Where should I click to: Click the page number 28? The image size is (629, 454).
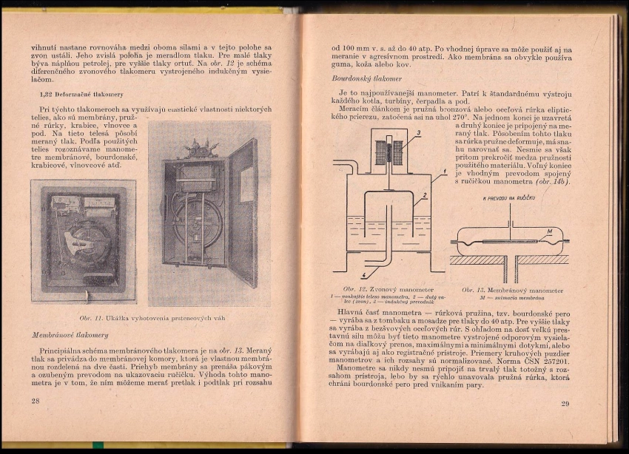tap(35, 400)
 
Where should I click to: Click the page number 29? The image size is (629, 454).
tap(565, 403)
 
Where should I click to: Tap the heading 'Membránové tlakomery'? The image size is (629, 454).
tap(70, 335)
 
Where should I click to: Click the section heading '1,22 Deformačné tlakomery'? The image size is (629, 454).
tap(81, 95)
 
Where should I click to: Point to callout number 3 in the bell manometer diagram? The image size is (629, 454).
tap(417, 133)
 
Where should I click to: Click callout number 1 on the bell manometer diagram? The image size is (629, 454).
tap(444, 172)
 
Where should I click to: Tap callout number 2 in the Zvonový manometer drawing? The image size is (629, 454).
tap(423, 196)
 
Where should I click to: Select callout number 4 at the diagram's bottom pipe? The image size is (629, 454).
tap(363, 274)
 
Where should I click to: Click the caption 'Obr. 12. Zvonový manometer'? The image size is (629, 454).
tap(388, 290)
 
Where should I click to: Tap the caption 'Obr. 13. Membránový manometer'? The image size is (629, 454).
tap(512, 291)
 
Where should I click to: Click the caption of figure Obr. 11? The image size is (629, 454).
tap(152, 318)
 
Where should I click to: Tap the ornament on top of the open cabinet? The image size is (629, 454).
tap(201, 148)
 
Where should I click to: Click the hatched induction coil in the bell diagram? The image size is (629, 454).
tap(390, 152)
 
